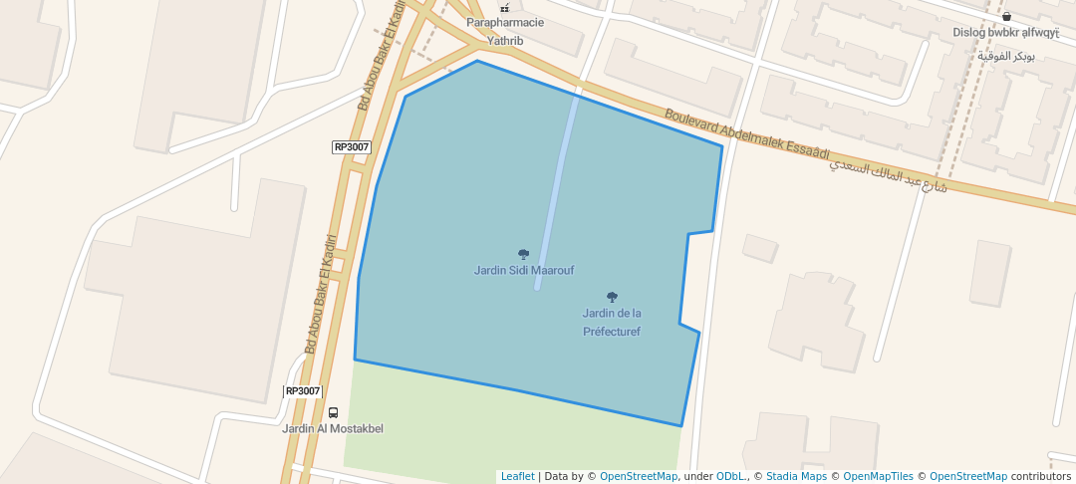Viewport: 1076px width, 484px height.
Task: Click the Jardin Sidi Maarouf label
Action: click(523, 270)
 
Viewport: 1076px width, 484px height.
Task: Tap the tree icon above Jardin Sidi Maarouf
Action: click(523, 255)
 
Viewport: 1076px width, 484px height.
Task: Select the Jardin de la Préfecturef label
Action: click(612, 322)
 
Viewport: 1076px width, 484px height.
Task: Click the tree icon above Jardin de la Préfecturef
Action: click(612, 297)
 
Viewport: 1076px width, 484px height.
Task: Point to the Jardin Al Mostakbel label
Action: click(333, 428)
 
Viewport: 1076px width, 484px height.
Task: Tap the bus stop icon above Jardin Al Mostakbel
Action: click(333, 412)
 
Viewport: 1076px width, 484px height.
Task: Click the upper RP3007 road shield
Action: click(351, 146)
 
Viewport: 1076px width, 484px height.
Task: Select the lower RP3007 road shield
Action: click(303, 390)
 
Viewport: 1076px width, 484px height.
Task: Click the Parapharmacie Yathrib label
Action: click(505, 32)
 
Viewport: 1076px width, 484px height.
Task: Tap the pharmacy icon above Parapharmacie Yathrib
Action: click(504, 8)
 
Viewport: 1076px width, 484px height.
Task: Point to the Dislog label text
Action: click(993, 32)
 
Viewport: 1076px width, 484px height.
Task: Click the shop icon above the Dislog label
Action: click(1007, 16)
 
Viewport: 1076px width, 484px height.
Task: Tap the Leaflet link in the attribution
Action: click(517, 477)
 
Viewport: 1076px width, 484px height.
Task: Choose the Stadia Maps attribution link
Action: click(795, 477)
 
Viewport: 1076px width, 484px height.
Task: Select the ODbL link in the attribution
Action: click(731, 477)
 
